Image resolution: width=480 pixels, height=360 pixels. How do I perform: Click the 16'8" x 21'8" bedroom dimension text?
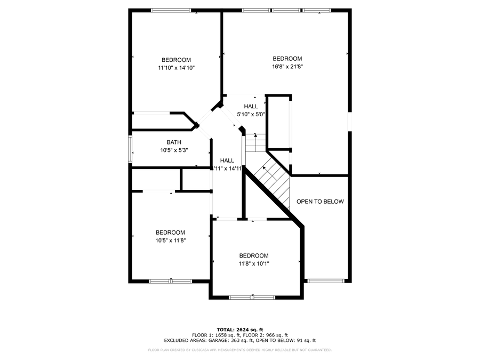tap(287, 67)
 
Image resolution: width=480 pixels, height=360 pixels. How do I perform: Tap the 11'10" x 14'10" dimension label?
tap(176, 68)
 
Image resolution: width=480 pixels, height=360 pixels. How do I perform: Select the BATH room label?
tap(174, 142)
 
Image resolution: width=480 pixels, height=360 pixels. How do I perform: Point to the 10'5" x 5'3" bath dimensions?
tap(174, 150)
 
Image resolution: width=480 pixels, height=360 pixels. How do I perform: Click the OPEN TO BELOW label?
tap(320, 202)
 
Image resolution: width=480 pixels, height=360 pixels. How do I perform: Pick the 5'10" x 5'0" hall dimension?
tap(251, 114)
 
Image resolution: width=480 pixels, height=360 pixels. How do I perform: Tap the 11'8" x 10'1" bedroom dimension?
tap(254, 263)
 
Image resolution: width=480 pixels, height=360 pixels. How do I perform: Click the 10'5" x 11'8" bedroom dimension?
tap(170, 240)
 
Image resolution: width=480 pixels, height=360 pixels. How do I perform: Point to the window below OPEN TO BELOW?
tap(325, 281)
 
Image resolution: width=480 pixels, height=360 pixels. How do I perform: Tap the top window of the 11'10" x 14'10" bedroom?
tap(171, 10)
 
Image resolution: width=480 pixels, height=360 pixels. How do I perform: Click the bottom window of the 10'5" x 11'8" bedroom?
tap(170, 281)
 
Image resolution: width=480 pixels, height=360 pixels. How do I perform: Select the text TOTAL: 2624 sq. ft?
tap(239, 330)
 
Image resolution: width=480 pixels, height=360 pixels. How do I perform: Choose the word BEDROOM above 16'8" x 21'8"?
tap(287, 59)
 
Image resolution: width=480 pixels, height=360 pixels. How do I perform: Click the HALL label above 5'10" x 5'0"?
tap(251, 107)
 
